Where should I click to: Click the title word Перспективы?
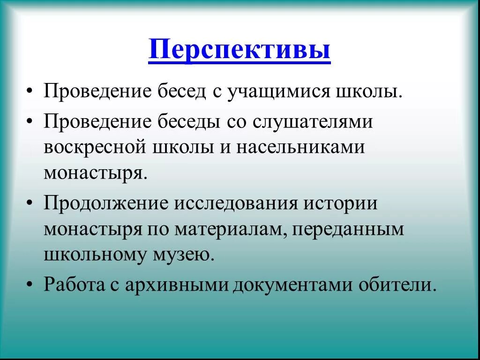pyautogui.click(x=240, y=51)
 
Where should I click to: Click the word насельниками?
pyautogui.click(x=300, y=147)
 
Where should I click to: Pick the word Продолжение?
pyautogui.click(x=106, y=205)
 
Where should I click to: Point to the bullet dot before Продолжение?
pyautogui.click(x=30, y=206)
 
